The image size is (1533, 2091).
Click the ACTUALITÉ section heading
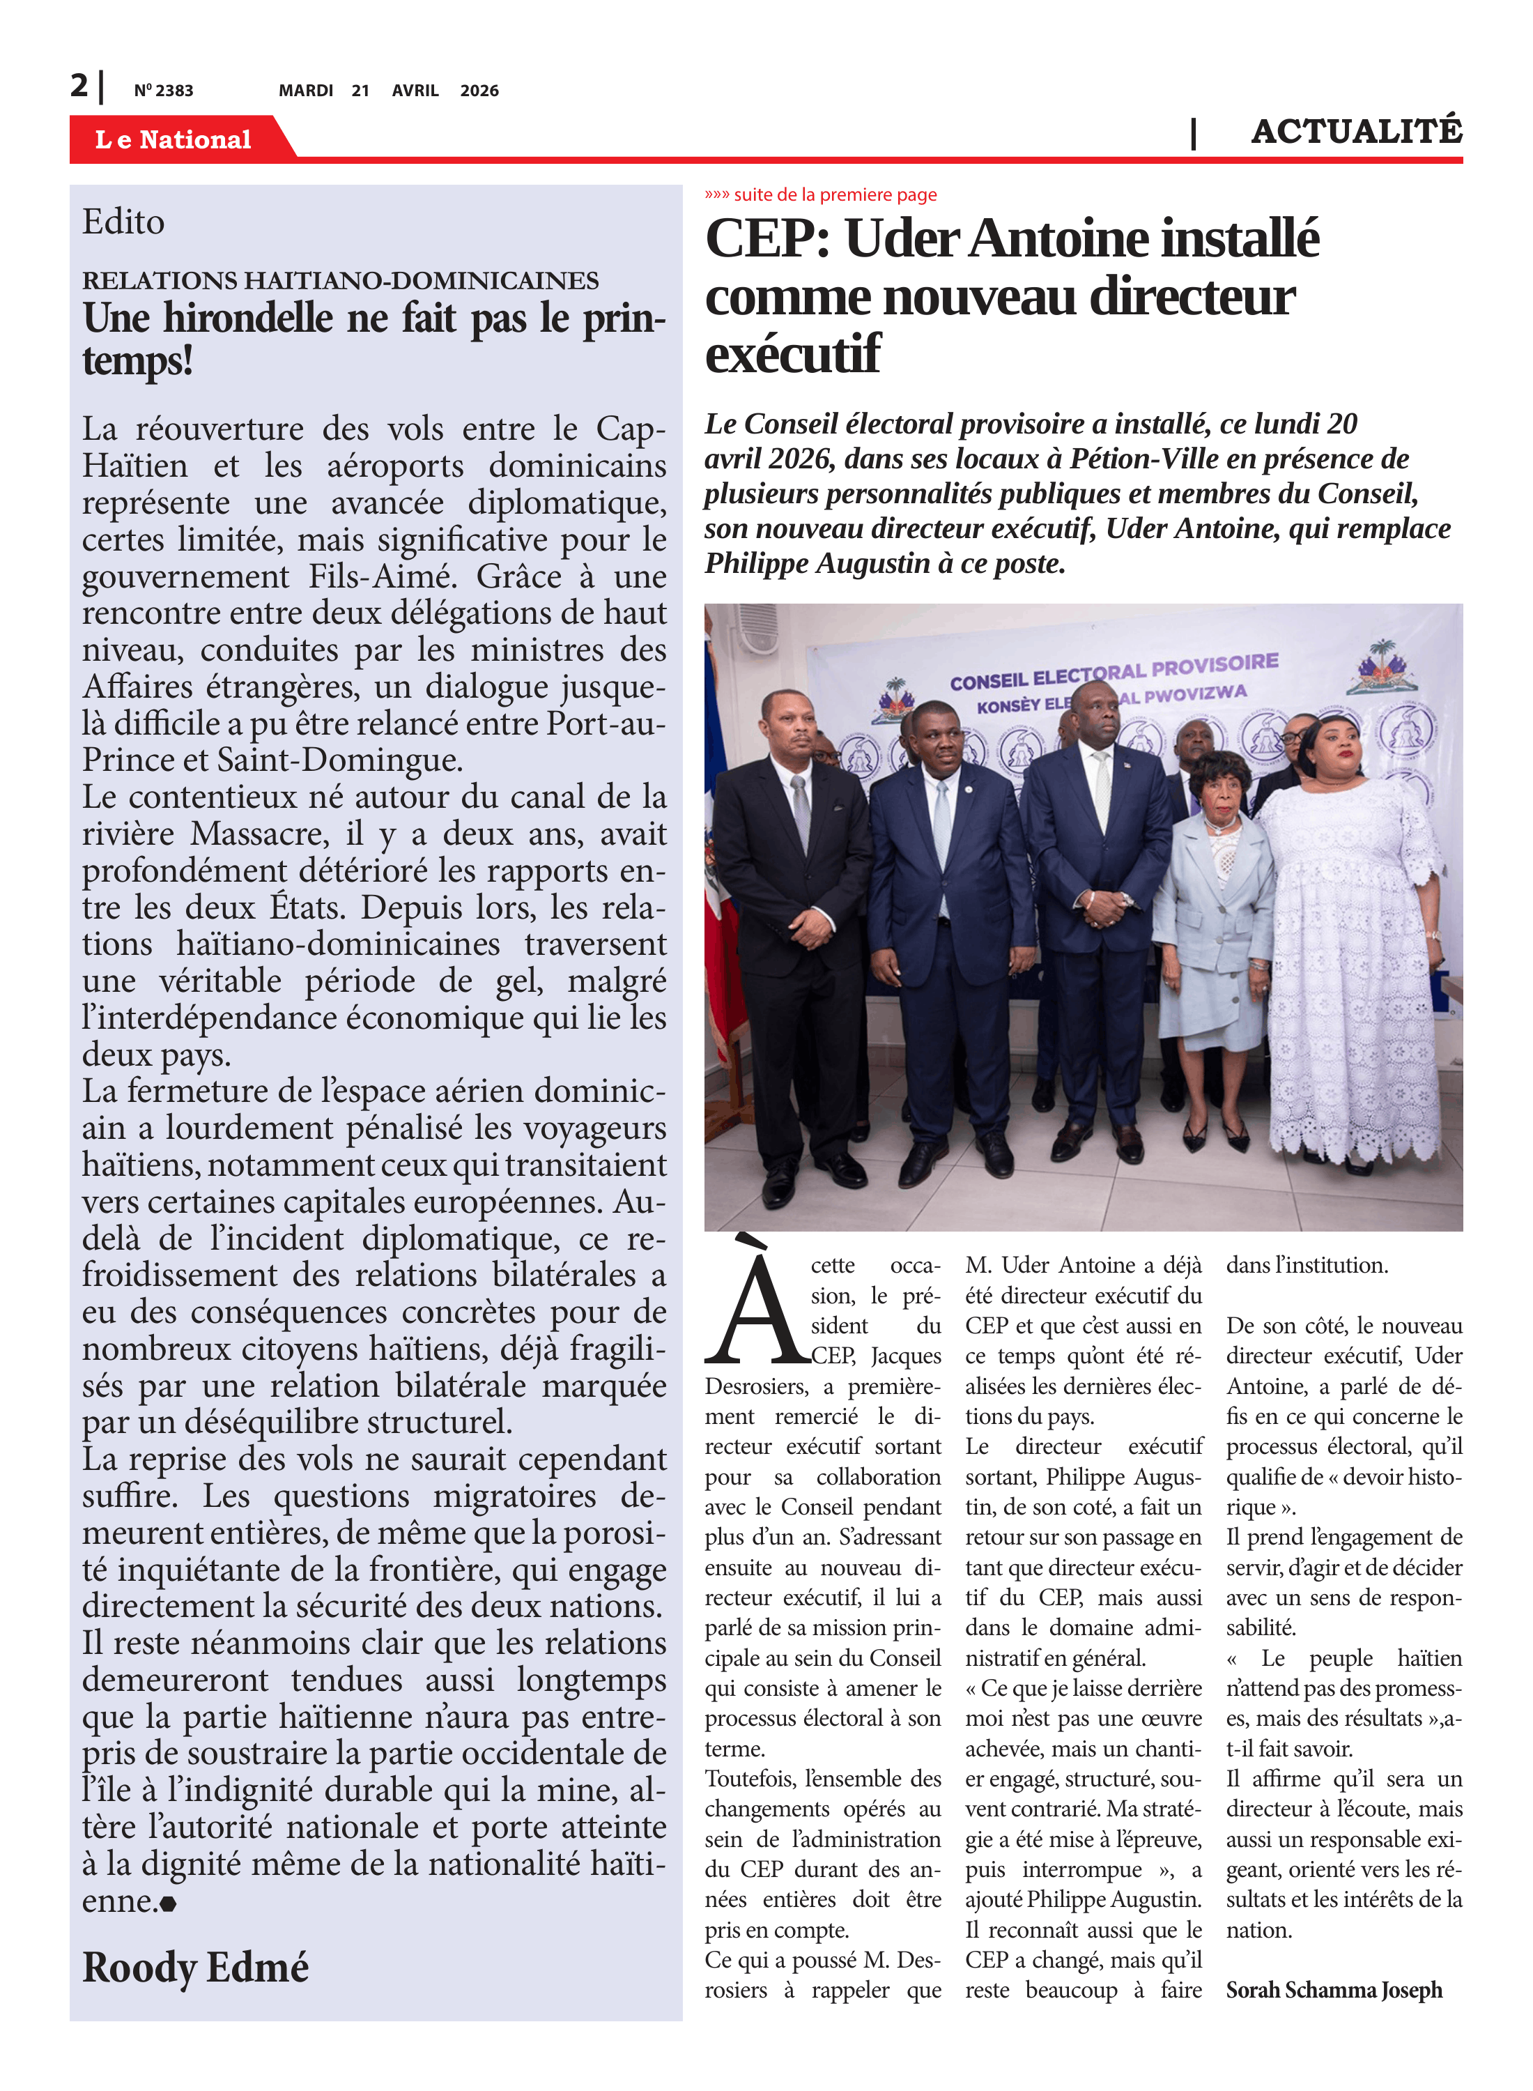1356,131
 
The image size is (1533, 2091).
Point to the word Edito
123,222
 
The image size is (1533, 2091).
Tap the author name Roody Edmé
195,1967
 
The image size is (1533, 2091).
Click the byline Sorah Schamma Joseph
1334,1990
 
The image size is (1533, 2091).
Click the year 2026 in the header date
479,91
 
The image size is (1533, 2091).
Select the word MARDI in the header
305,91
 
